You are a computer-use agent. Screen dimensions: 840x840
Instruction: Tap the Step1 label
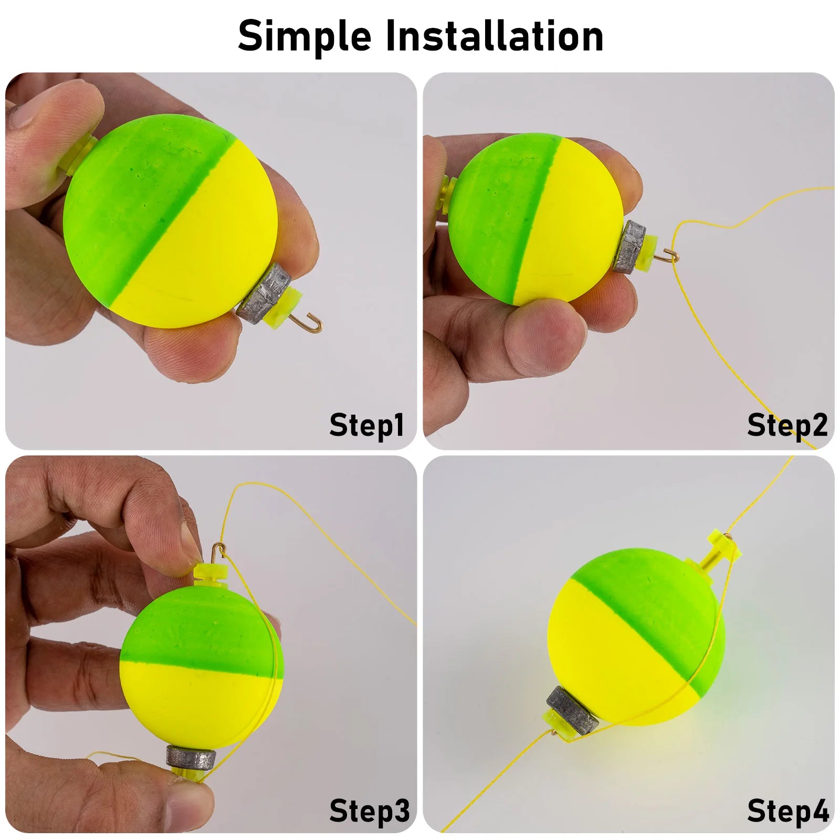[x=367, y=425]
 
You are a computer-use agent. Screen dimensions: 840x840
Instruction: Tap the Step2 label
[x=787, y=425]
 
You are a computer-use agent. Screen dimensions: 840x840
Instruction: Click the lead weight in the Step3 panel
[x=192, y=757]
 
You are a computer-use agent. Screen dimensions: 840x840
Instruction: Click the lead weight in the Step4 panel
[x=572, y=708]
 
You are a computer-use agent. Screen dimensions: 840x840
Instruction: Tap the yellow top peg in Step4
[x=723, y=546]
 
